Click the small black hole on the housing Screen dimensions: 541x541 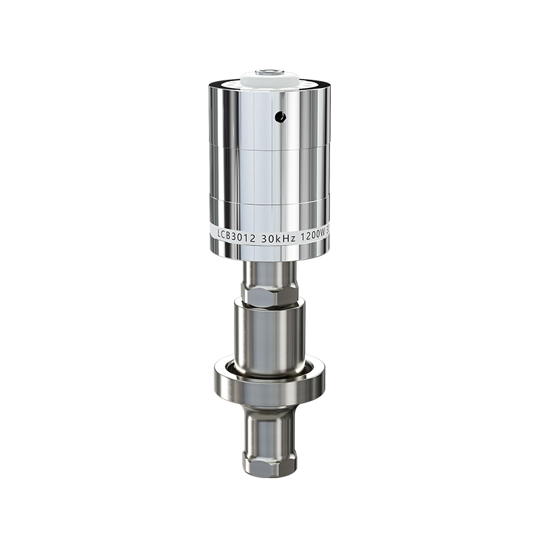280,117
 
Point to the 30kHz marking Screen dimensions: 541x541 278,232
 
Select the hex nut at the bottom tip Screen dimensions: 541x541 269,464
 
